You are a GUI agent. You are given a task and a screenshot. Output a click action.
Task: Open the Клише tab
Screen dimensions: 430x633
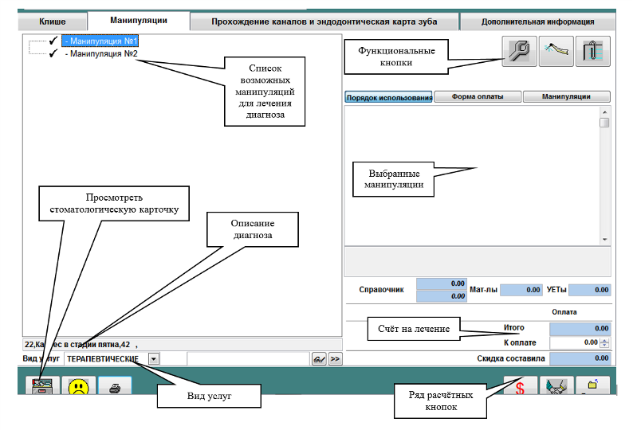52,21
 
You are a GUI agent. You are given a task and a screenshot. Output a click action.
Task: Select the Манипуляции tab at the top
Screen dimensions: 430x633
139,21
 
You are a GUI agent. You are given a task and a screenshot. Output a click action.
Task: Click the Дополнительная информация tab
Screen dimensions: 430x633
537,21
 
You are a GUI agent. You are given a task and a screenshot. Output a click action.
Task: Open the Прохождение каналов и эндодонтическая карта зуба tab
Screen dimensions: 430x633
324,21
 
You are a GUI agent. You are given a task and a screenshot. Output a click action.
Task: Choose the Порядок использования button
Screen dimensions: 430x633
388,97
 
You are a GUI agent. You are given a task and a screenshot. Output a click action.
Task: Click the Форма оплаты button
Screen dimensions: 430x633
478,97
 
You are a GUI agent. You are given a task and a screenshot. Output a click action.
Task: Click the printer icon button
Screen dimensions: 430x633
116,388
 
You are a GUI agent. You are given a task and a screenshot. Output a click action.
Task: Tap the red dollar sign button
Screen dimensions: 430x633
519,388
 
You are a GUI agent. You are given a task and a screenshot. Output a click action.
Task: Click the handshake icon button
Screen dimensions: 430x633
556,388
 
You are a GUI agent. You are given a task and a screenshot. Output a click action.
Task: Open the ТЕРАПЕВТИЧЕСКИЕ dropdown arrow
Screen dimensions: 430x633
153,358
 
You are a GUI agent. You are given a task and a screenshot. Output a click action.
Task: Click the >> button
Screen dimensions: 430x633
336,359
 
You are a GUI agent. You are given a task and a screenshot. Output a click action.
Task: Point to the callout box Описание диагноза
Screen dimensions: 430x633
253,229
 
